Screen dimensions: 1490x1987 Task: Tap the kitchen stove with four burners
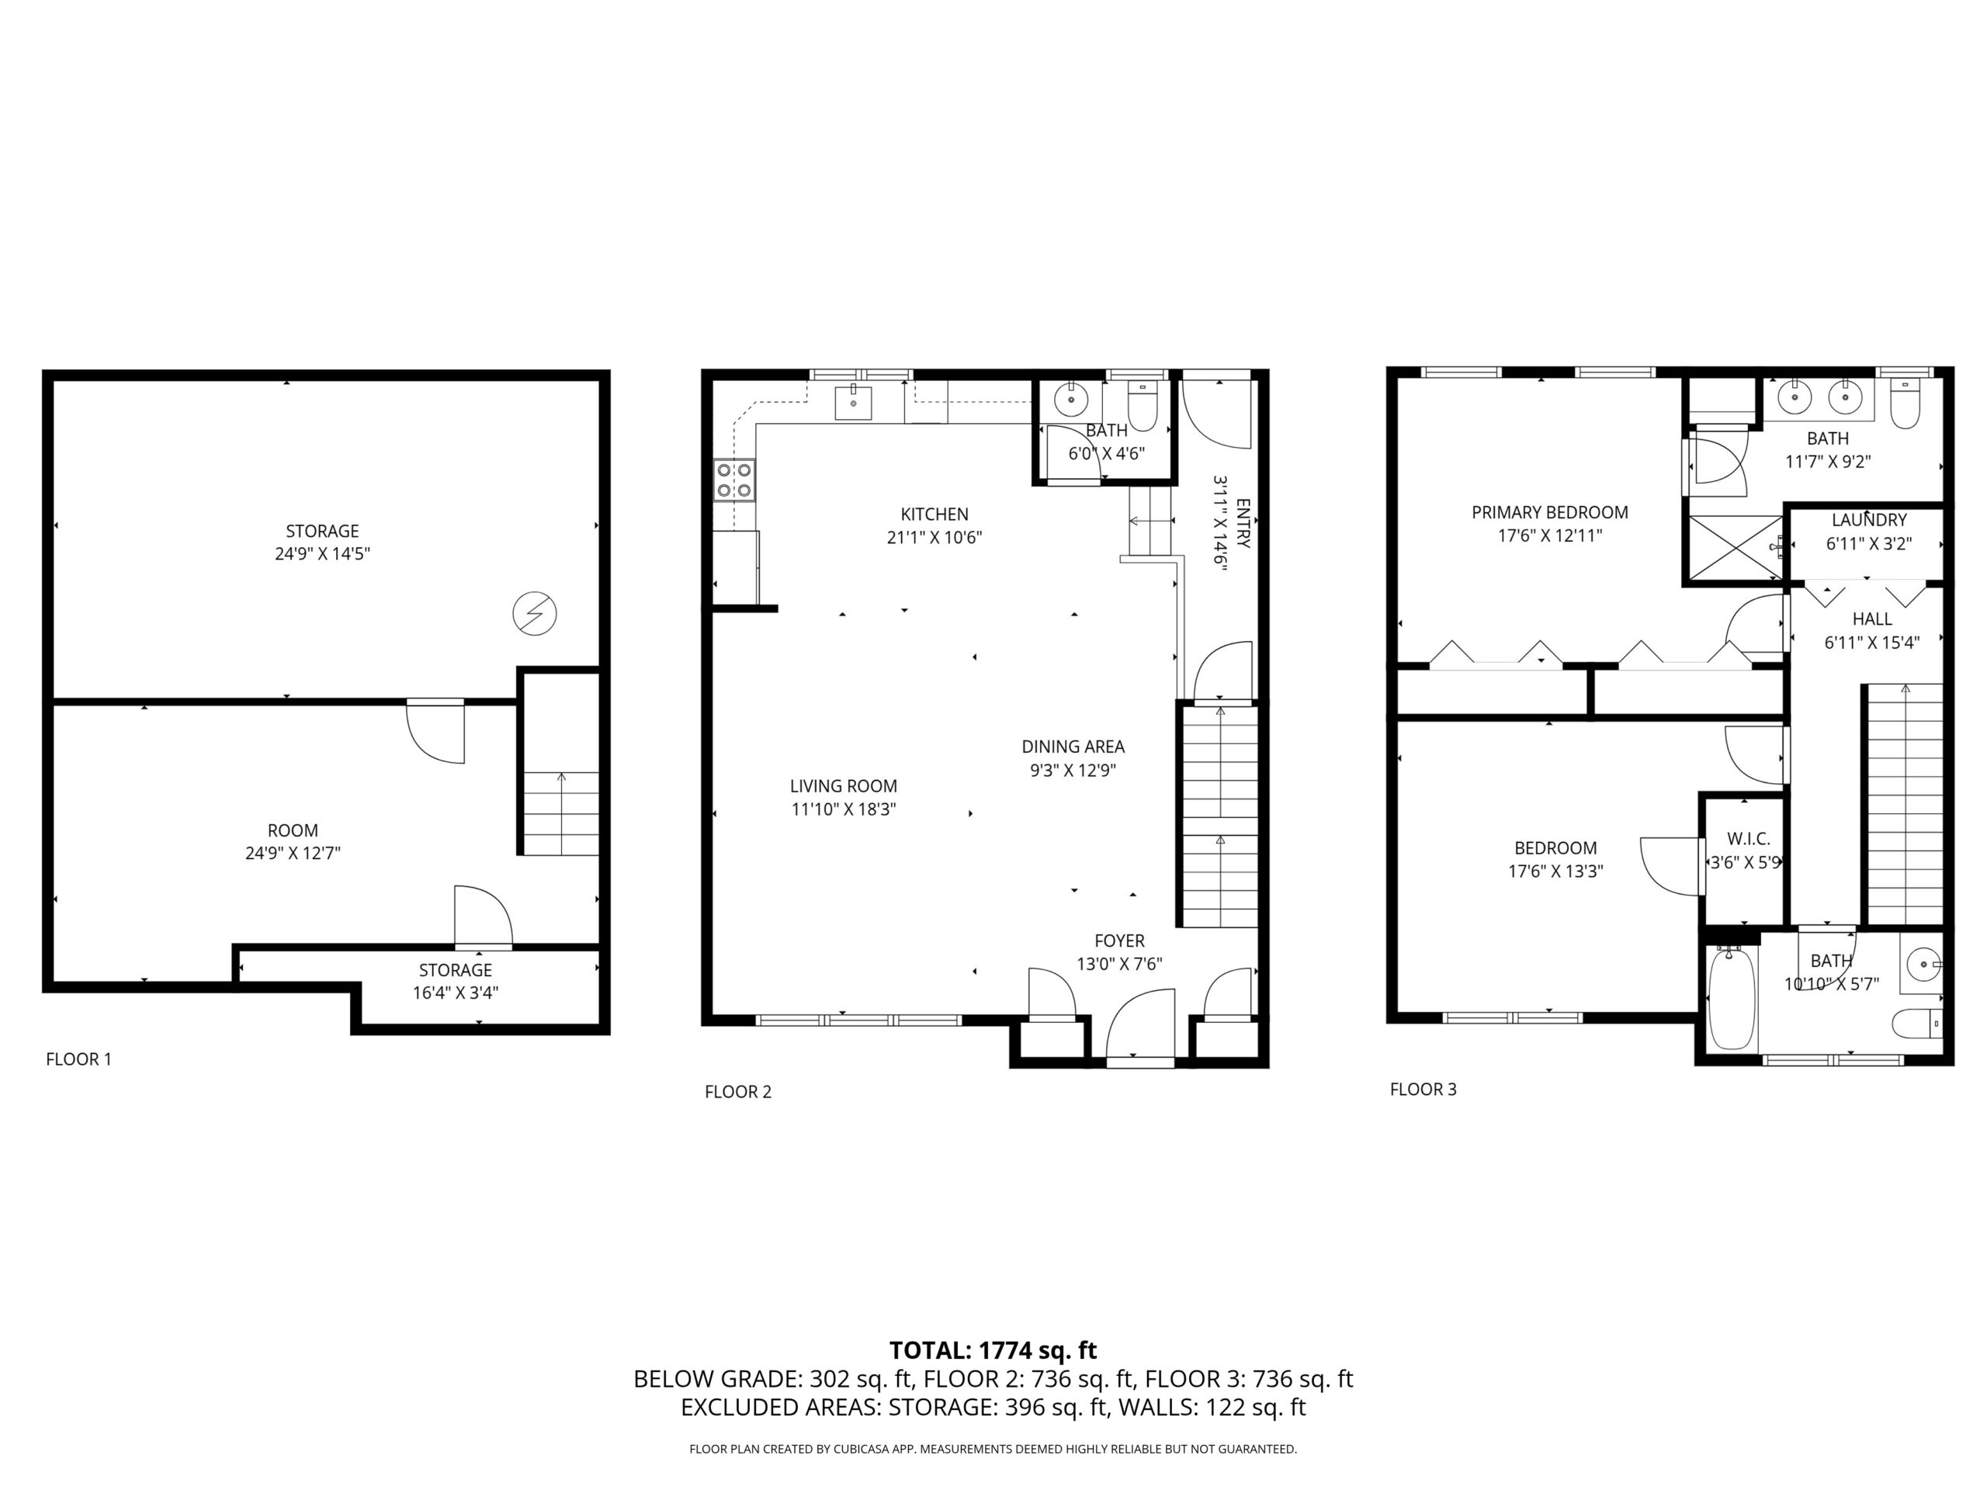coord(734,480)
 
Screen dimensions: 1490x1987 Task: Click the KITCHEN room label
coord(935,515)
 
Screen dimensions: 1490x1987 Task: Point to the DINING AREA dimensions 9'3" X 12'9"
coord(1073,771)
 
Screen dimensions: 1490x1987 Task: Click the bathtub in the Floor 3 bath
coord(1731,1000)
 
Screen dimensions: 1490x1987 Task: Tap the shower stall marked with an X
coord(1736,548)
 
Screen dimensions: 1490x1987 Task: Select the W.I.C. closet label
coord(1748,839)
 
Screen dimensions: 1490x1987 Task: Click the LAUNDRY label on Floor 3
coord(1868,520)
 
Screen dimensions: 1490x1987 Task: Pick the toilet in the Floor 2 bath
coord(1142,410)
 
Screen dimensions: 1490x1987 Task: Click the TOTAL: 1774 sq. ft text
coord(993,1350)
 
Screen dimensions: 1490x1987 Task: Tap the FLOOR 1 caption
coord(79,1059)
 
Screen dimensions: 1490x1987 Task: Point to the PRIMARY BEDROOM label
coord(1549,513)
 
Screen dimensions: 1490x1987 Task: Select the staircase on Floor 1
coord(560,812)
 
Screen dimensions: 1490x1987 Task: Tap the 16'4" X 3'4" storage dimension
coord(456,993)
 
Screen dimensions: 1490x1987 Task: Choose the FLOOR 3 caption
coord(1423,1090)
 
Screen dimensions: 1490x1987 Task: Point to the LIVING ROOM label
coord(844,787)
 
